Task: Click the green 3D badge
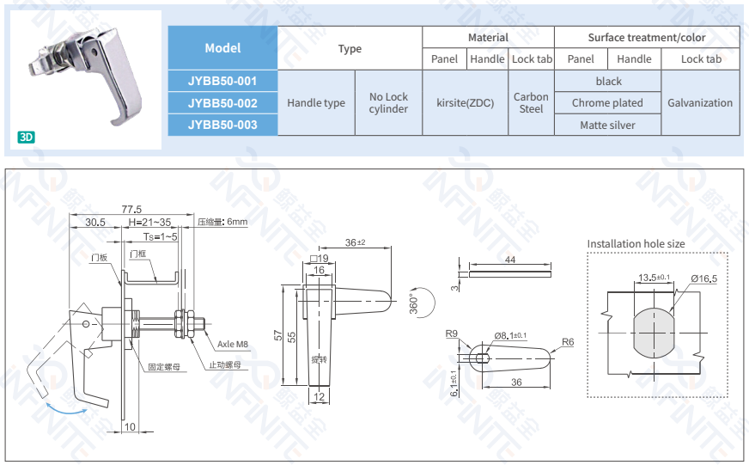pos(27,137)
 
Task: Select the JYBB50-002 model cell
pos(222,102)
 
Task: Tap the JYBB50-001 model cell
pos(222,81)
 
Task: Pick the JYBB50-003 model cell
pos(222,125)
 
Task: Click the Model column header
pos(222,48)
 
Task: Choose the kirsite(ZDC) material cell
pos(466,102)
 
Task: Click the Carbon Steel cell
pos(531,102)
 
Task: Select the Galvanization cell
pos(699,102)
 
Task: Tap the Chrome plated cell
pos(607,102)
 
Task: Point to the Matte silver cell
pos(607,125)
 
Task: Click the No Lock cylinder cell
pos(388,102)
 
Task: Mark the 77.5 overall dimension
pos(131,209)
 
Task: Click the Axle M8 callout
pos(232,344)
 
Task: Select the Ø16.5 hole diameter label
pos(702,278)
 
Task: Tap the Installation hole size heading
pos(636,244)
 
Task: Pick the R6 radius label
pos(567,342)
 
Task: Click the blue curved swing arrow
pos(65,408)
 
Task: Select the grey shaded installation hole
pos(656,331)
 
